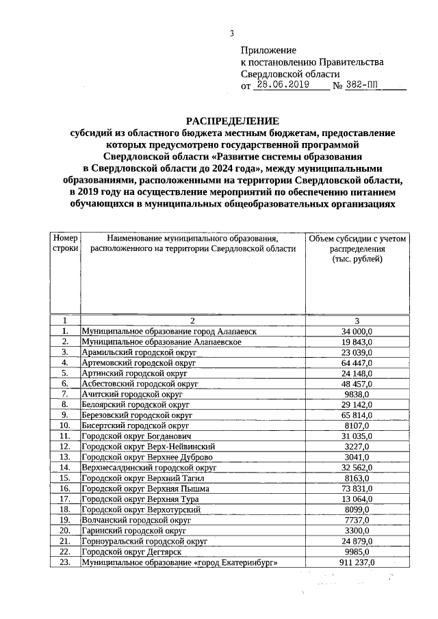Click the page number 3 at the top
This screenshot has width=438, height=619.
[x=231, y=34]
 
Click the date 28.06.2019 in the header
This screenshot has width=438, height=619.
[x=282, y=85]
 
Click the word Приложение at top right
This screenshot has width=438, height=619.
[x=268, y=50]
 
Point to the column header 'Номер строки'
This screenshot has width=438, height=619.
[x=65, y=243]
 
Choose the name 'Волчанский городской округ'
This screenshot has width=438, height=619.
[x=136, y=520]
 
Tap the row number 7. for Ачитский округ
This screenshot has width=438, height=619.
[x=65, y=394]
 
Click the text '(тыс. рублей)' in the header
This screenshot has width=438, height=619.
[x=357, y=261]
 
